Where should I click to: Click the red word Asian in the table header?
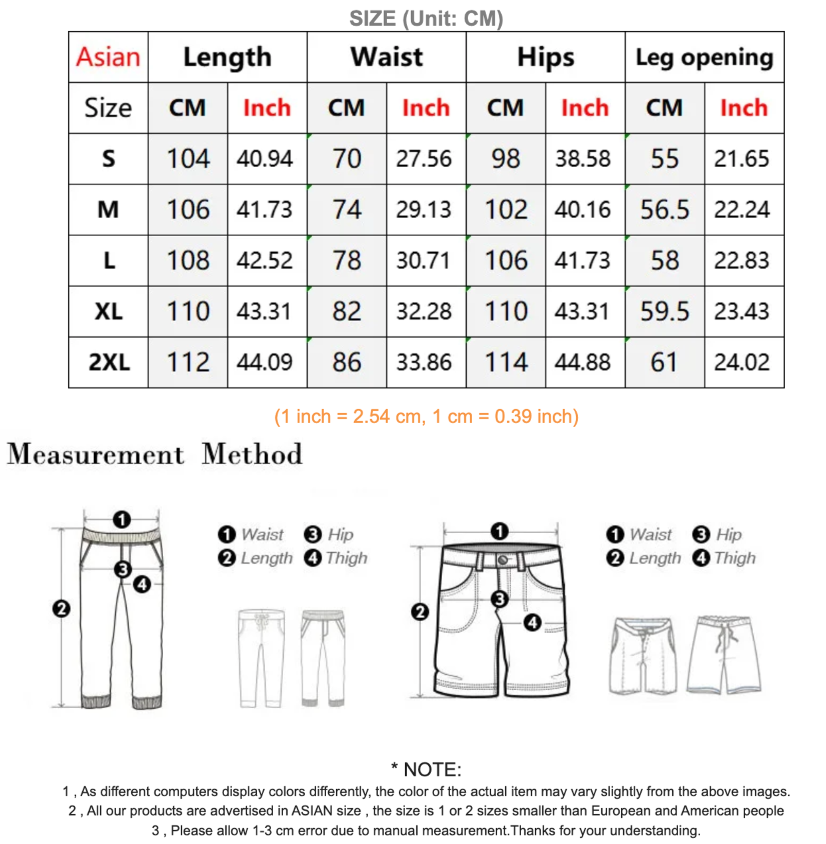(x=108, y=57)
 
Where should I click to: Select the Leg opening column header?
(x=704, y=57)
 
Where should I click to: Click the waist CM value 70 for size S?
(x=347, y=159)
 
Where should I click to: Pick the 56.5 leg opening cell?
(x=664, y=210)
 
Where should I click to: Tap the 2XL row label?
(x=109, y=363)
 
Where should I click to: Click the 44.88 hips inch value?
(x=583, y=363)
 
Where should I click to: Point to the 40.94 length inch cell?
(x=265, y=159)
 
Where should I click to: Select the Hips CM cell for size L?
(x=506, y=261)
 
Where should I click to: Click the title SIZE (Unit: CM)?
(x=426, y=19)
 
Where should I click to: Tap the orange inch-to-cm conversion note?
(x=426, y=416)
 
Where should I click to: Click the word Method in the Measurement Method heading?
(x=252, y=454)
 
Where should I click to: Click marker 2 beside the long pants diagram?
(x=61, y=609)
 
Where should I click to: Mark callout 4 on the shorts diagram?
(x=532, y=623)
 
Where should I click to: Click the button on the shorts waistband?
(x=502, y=560)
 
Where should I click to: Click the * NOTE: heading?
(x=426, y=770)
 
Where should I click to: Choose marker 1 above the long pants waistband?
(x=121, y=519)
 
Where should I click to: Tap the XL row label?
(x=109, y=312)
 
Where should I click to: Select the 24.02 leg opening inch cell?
(x=742, y=363)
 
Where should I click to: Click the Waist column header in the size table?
(x=386, y=57)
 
